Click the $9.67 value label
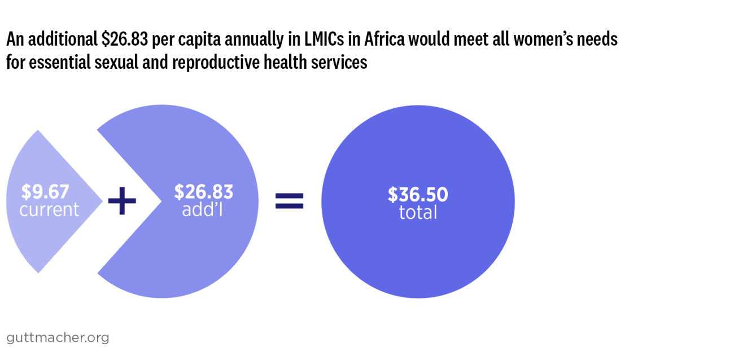click(x=45, y=192)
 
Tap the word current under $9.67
click(x=49, y=210)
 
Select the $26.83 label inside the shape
click(x=203, y=192)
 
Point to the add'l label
click(x=203, y=210)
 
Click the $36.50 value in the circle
click(x=418, y=195)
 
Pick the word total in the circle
click(x=418, y=213)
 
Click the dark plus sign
click(x=122, y=201)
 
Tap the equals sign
click(x=289, y=201)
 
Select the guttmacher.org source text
click(x=58, y=338)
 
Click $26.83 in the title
click(x=125, y=39)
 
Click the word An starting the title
click(x=15, y=39)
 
